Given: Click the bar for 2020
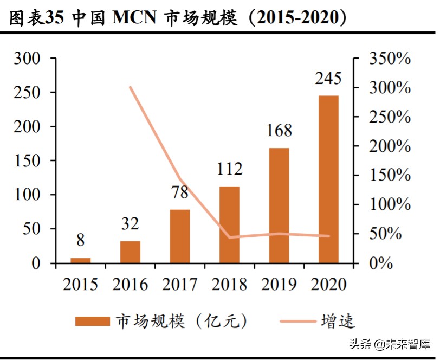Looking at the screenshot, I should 328,179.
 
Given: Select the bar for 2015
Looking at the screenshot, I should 81,261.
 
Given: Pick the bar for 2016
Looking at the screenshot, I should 130,252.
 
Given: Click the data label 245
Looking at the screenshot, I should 328,79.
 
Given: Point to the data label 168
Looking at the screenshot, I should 279,131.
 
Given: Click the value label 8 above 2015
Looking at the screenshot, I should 81,240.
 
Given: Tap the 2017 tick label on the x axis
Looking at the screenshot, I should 180,284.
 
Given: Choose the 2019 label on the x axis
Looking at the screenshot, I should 279,284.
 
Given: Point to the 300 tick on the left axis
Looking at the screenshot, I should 27,59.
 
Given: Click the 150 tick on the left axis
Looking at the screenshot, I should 27,161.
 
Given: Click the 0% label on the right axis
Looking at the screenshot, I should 381,264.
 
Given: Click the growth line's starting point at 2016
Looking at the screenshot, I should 131,87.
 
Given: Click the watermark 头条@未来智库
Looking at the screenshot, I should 389,344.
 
